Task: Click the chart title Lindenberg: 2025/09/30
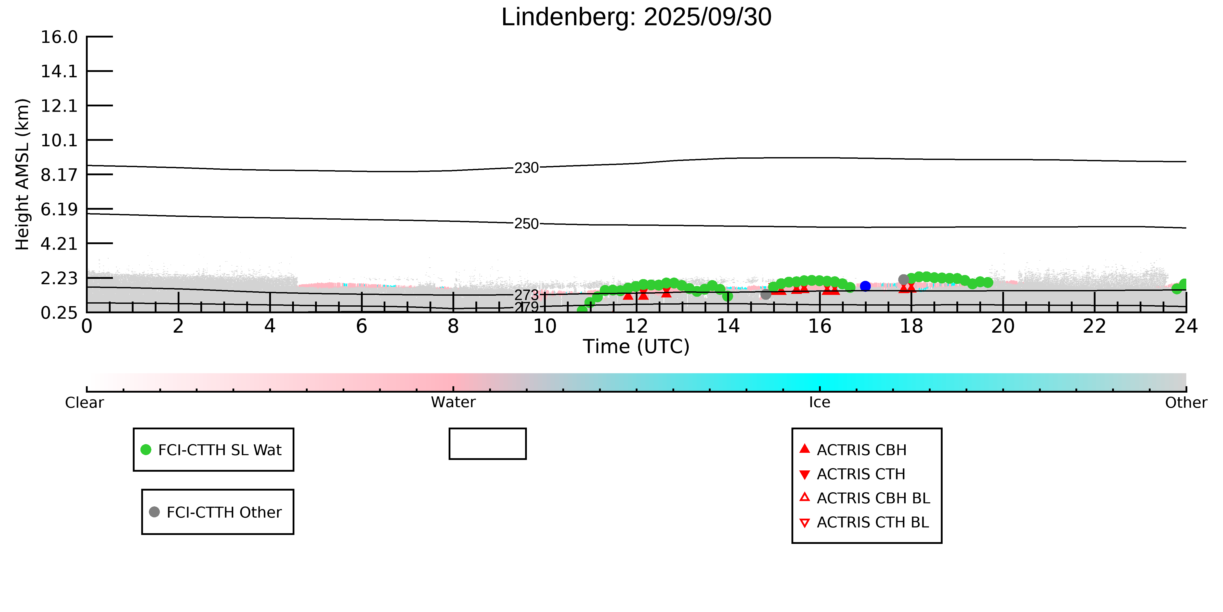coord(636,18)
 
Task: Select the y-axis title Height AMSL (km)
coord(22,174)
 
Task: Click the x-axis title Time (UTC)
coord(636,346)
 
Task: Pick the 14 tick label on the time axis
coord(728,327)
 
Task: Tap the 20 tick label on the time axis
coord(1003,327)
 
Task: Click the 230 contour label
coord(527,168)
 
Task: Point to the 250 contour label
coord(527,224)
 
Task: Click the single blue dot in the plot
coord(865,286)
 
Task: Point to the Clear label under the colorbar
coord(85,403)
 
